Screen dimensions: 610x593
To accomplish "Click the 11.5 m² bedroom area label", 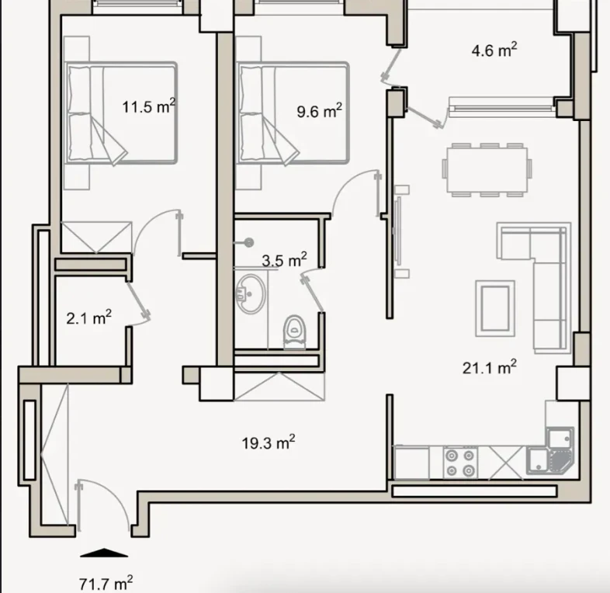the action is pos(148,106).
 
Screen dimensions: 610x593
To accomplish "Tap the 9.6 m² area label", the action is pos(320,110).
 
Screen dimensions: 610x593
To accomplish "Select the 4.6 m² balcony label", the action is pos(494,50).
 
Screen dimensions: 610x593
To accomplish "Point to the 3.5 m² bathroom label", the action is pos(284,260).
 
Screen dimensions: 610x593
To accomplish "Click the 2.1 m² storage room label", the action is pos(89,317).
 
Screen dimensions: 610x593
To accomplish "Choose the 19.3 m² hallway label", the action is pos(269,442).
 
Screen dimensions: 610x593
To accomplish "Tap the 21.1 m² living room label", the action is pos(490,367).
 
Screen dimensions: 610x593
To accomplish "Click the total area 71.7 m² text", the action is pos(106,583).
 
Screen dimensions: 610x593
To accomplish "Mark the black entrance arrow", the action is pos(104,553).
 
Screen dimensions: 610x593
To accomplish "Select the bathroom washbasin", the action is pos(251,294).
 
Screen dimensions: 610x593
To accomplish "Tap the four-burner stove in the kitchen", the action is pos(461,463).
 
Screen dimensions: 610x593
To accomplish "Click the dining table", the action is pos(487,170).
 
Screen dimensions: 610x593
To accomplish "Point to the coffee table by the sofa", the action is pos(495,308).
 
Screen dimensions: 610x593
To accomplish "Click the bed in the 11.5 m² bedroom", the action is pos(121,113).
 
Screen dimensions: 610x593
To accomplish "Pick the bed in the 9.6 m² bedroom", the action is pos(293,113).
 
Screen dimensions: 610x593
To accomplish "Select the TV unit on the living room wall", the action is pos(398,231).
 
